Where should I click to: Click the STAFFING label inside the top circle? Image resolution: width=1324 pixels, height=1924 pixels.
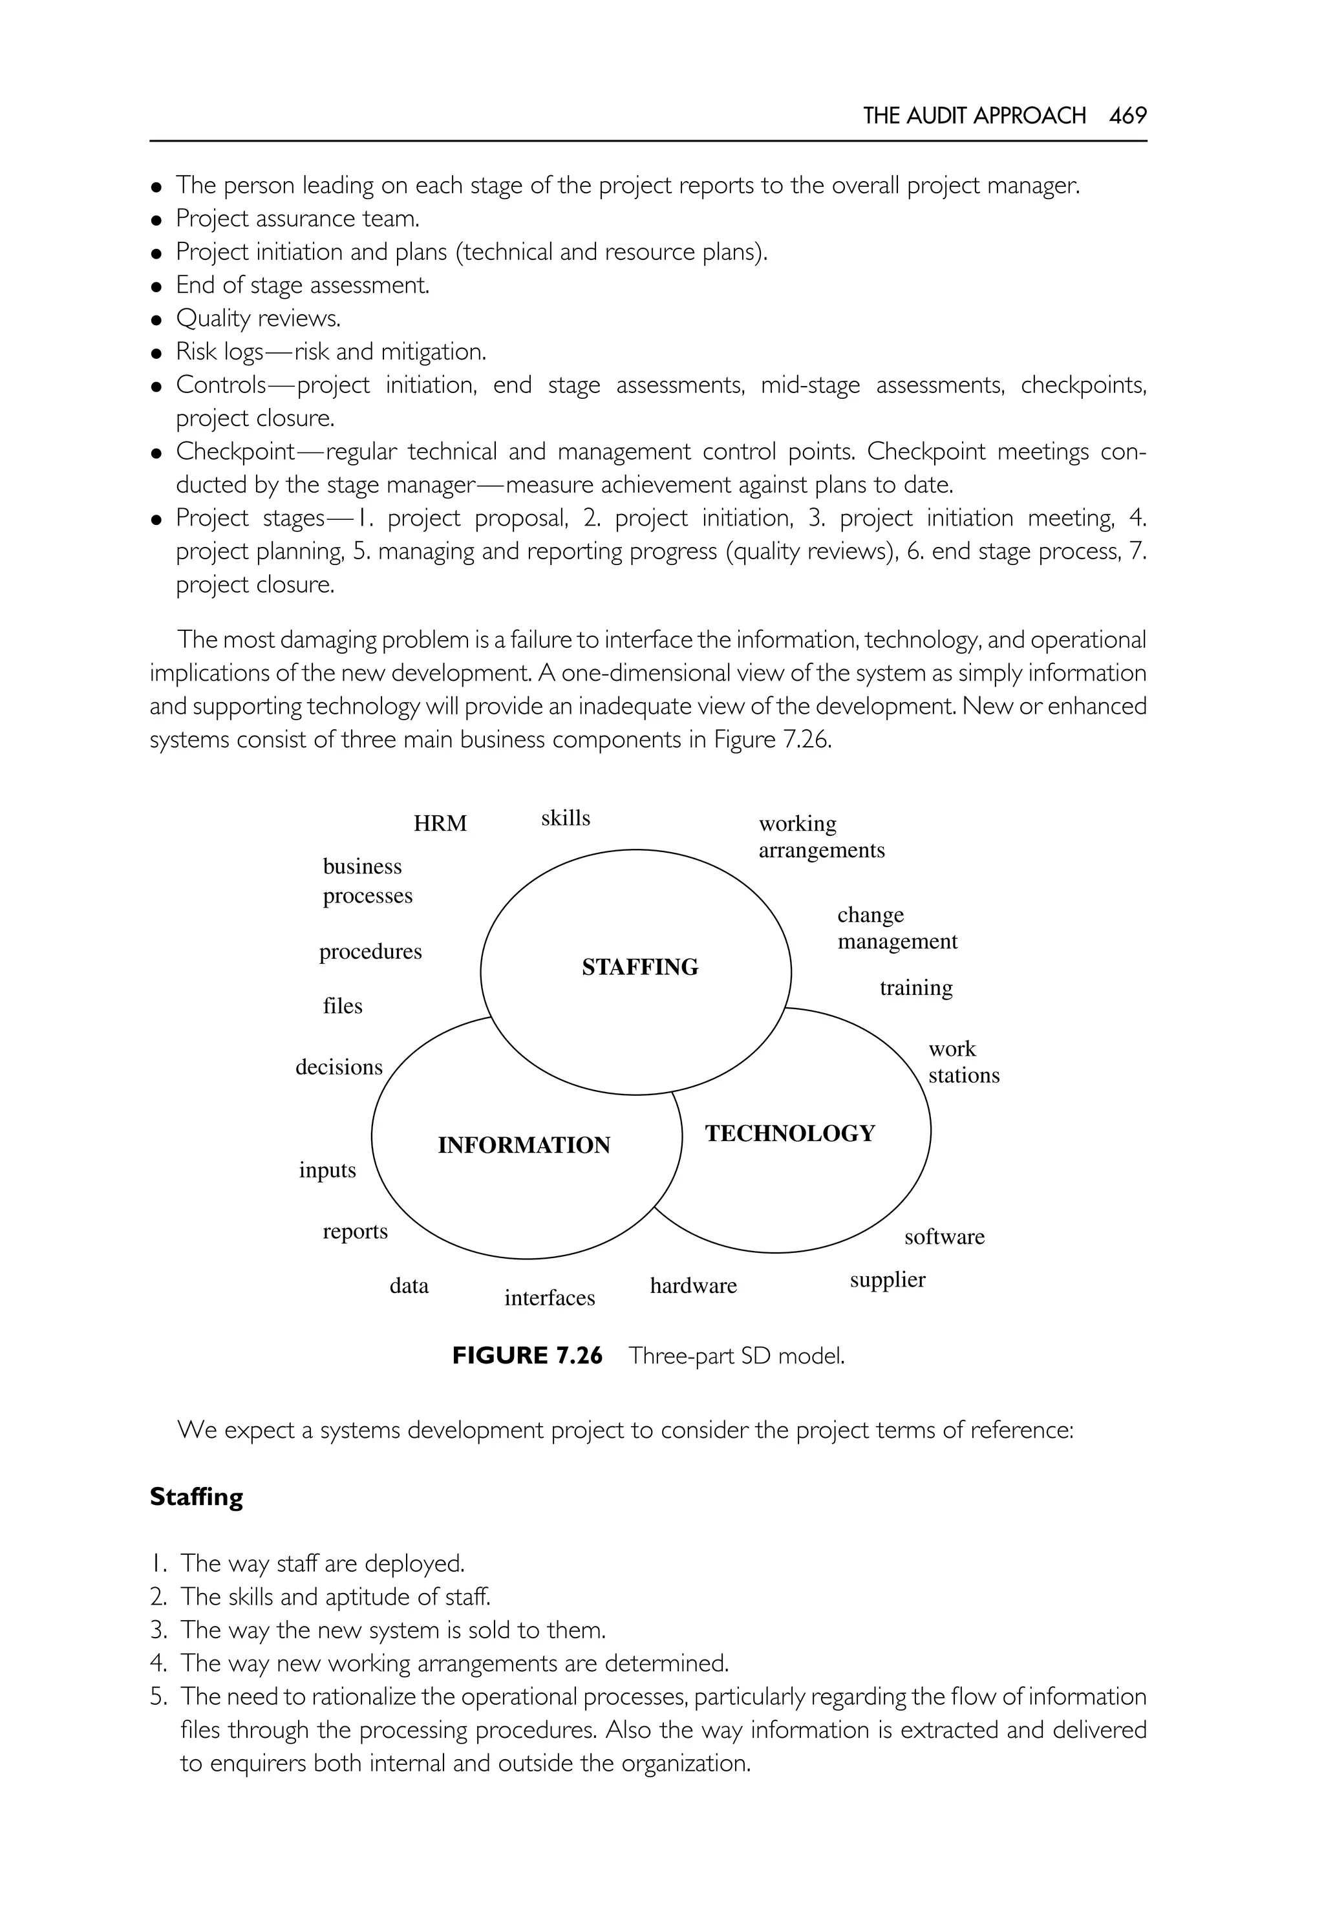639,967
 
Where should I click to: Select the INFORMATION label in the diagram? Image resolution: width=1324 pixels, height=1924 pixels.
524,1145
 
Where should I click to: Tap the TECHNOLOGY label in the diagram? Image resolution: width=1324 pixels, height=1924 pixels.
790,1133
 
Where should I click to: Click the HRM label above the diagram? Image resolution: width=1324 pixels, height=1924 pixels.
440,823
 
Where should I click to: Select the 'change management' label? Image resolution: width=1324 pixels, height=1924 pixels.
896,928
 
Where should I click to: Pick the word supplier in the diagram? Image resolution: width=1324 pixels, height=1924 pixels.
887,1279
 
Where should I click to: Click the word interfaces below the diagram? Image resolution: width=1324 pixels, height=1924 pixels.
549,1298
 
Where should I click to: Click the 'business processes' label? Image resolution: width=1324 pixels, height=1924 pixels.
367,881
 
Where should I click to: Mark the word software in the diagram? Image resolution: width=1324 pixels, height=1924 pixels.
944,1236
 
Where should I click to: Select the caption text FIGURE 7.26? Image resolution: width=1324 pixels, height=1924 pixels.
527,1356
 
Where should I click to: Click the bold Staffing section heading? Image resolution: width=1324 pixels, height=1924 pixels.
197,1497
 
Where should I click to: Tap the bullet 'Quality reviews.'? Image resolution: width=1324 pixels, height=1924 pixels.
258,319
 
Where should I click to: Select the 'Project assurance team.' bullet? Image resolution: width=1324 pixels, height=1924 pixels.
297,219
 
